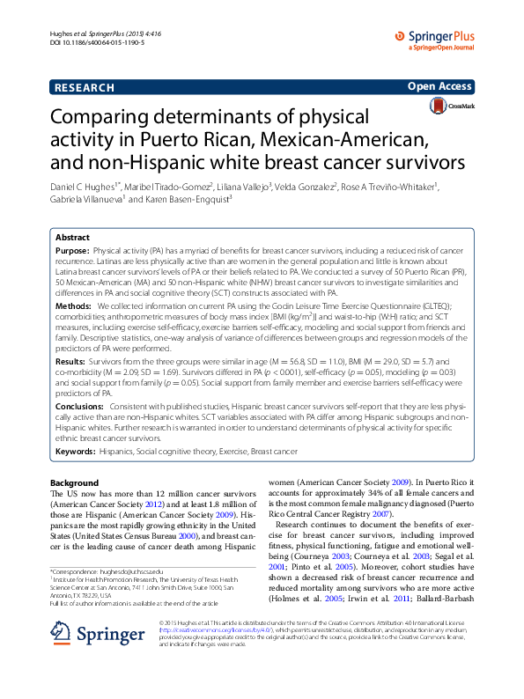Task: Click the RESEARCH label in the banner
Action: (85, 88)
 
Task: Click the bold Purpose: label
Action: (72, 251)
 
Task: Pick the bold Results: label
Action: (72, 362)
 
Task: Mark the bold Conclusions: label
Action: (80, 407)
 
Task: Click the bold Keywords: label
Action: (76, 451)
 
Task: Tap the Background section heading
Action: (75, 483)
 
